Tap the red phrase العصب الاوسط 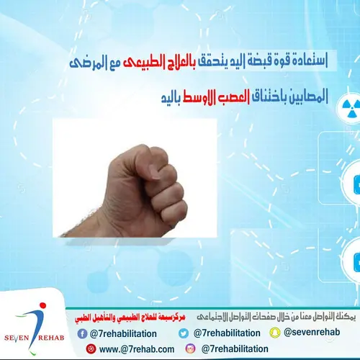point(220,95)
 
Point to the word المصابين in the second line point(305,95)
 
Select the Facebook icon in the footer point(82,333)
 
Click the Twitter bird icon point(184,333)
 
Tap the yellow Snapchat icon point(275,333)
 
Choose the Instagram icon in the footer point(192,348)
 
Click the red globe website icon point(91,348)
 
